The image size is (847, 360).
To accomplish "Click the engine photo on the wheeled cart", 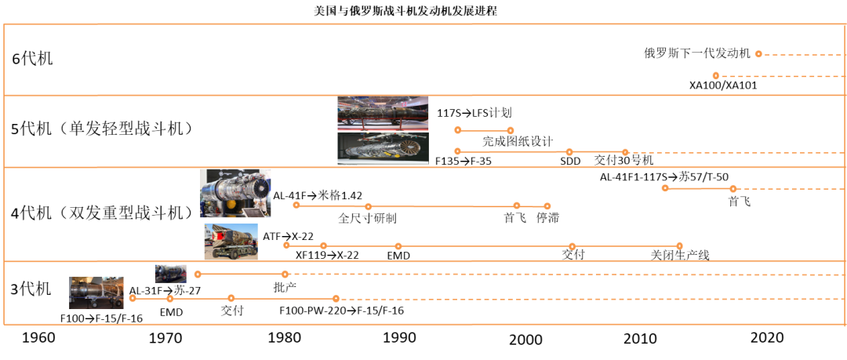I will click(x=96, y=293).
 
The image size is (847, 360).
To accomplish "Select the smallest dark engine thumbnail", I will click(x=170, y=273).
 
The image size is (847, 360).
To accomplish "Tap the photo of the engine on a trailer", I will click(x=231, y=242).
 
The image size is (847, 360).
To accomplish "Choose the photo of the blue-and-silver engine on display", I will click(x=235, y=193).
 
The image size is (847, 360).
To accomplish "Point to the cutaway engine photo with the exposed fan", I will click(x=383, y=148).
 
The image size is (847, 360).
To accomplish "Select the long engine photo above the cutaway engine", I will click(x=383, y=113).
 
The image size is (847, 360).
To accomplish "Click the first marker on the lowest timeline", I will click(x=133, y=298).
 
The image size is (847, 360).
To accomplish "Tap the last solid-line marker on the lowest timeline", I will click(x=336, y=299).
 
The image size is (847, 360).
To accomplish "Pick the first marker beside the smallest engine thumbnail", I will click(x=198, y=275).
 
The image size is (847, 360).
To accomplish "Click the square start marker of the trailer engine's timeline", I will click(x=286, y=245).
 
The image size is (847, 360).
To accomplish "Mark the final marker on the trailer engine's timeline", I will click(x=679, y=246).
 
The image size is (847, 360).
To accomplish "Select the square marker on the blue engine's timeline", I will click(x=368, y=206).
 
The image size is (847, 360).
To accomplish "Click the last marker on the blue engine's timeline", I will click(x=547, y=206).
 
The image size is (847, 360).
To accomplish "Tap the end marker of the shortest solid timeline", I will click(x=511, y=131).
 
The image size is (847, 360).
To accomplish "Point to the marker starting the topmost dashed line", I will click(x=758, y=54).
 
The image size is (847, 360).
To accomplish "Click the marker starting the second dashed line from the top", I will click(x=715, y=76).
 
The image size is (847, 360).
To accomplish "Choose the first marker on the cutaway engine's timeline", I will click(x=457, y=151).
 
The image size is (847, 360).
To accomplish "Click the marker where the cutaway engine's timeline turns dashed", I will click(x=625, y=152).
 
